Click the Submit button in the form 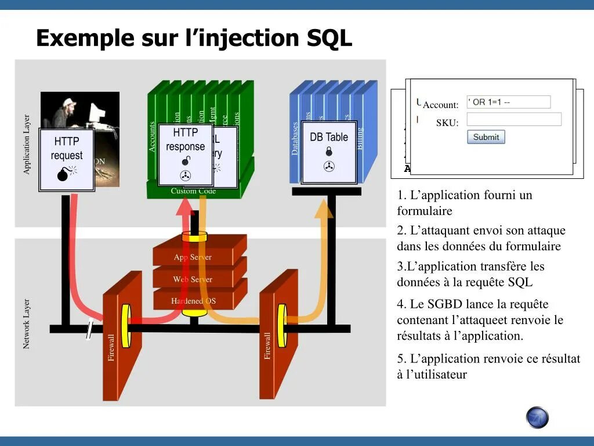(486, 137)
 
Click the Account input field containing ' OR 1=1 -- (508, 102)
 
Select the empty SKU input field (514, 120)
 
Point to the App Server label (193, 257)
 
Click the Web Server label (193, 279)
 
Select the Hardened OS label (193, 301)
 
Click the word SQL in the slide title (329, 38)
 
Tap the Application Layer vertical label (27, 144)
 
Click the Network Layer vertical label (26, 324)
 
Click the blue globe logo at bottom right (537, 418)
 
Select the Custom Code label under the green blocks (193, 191)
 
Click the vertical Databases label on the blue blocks (295, 138)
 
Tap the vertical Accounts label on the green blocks (153, 137)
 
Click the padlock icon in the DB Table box (329, 152)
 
